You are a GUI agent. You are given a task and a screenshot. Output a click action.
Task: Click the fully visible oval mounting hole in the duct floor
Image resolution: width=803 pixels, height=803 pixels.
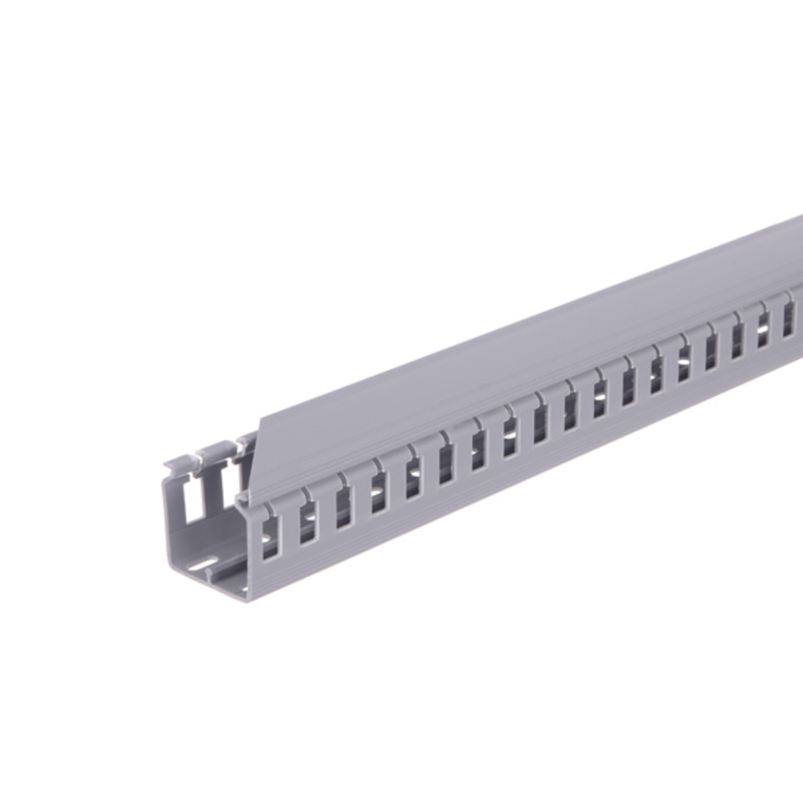tap(204, 564)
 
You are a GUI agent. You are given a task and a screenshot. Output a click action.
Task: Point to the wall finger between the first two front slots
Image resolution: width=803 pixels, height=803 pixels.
tap(288, 527)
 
